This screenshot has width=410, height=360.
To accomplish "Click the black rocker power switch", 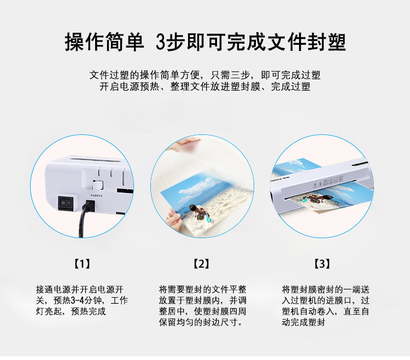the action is point(66,203).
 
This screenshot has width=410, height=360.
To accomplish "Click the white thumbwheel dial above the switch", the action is point(97,185).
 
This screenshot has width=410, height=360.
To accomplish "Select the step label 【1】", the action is point(83,264).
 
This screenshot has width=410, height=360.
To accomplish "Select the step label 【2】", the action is point(201,264).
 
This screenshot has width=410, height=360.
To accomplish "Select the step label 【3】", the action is point(322,264).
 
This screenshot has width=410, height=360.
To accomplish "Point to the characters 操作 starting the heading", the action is point(84,42).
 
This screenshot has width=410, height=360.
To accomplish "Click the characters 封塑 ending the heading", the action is point(326,42).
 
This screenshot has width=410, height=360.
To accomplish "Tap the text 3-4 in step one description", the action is point(78,300).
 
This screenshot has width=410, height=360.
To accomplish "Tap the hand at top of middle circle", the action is point(186,144).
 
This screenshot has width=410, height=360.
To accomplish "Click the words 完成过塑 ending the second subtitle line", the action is point(290,86).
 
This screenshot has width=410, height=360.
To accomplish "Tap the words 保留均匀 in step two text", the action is point(177,322).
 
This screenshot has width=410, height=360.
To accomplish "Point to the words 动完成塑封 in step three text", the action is point(303,322).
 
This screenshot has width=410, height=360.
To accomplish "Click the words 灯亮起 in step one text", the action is point(49,311).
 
